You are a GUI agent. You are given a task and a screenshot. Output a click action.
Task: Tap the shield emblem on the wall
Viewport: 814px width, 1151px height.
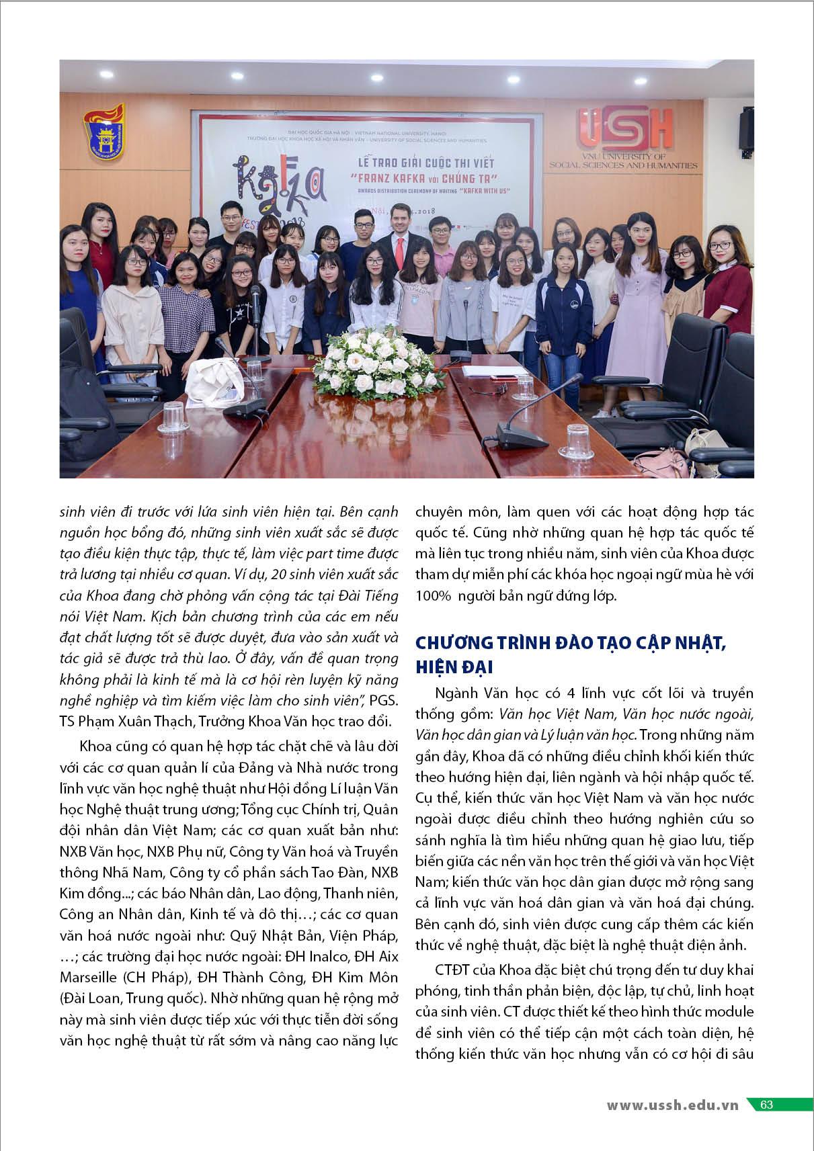105,132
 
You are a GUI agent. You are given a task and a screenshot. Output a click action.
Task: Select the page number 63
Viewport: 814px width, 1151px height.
766,1105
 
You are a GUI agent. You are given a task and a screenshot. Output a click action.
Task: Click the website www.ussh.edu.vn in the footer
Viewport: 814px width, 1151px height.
672,1105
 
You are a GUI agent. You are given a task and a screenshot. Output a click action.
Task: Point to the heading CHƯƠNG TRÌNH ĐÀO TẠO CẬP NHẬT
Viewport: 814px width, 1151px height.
571,643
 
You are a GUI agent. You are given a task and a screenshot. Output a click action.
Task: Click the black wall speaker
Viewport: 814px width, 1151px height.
746,128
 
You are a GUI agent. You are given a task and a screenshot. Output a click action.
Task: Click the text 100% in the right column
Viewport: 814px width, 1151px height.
433,595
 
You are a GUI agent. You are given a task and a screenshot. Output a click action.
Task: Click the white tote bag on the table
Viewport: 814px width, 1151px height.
214,382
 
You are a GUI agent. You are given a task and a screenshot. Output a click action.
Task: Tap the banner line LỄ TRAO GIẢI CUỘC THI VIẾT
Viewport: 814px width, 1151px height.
425,163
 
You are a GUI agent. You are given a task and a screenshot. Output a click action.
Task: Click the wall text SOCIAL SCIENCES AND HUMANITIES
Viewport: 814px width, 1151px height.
623,165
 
